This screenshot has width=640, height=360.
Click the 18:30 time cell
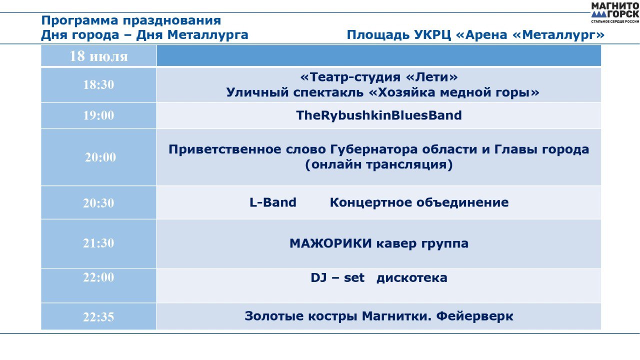(x=98, y=85)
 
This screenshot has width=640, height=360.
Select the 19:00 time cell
(x=98, y=115)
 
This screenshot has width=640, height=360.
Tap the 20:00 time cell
(x=98, y=157)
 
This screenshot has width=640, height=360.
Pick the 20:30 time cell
(x=98, y=203)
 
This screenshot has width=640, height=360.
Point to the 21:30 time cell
(x=98, y=243)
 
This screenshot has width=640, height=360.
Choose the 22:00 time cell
(x=98, y=285)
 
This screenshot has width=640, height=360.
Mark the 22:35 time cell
(x=98, y=316)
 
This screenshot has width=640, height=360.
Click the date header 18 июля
(x=98, y=56)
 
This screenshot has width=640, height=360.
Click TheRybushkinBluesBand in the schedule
(x=379, y=115)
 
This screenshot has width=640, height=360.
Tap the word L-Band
(x=273, y=202)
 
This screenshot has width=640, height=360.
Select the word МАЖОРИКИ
(x=330, y=243)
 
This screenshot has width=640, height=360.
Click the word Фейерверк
(x=474, y=316)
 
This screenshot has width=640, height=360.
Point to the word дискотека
(x=411, y=278)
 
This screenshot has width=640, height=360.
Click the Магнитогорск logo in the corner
(x=615, y=13)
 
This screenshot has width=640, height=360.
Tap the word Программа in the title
(x=79, y=21)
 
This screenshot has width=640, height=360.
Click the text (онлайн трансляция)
(x=379, y=164)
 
